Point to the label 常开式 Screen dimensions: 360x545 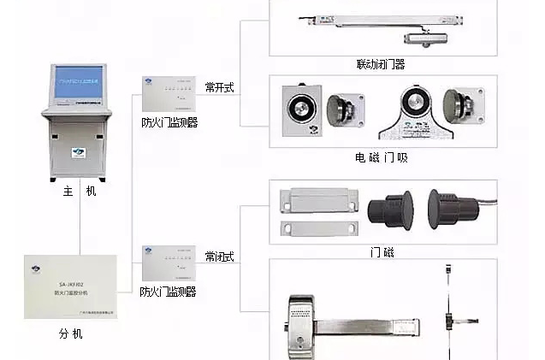click(220, 86)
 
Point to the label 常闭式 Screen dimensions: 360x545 click(220, 257)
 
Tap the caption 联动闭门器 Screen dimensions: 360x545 click(381, 64)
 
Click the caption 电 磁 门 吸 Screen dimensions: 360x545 click(382, 157)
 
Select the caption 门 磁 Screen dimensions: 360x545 click(382, 252)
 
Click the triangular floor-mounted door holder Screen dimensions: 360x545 click(413, 115)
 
